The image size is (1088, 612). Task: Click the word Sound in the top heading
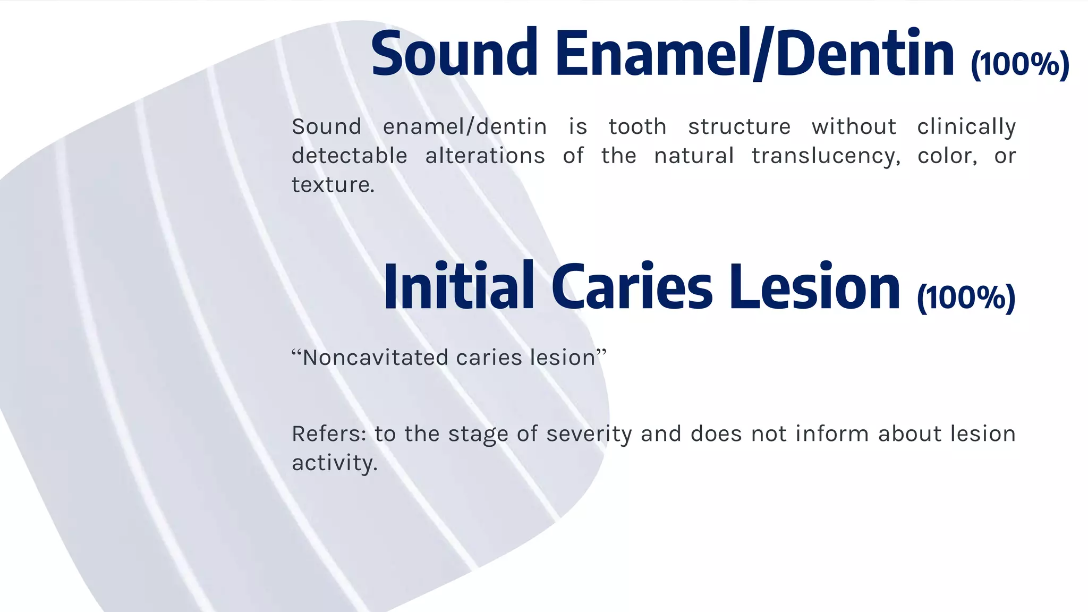[454, 54]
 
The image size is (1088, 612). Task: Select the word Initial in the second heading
[458, 286]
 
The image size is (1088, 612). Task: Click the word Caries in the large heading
[632, 286]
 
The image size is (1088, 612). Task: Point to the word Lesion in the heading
[814, 286]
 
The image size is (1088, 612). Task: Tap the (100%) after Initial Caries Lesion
[966, 297]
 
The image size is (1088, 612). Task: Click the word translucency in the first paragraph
[826, 156]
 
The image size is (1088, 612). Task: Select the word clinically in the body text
[966, 127]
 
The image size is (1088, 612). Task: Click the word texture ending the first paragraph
[333, 185]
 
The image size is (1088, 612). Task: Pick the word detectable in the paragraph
[349, 156]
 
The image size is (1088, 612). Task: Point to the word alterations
[484, 156]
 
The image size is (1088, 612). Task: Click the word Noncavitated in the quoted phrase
[376, 358]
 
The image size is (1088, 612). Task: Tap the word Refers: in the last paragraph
[328, 434]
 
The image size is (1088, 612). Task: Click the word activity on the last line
[334, 463]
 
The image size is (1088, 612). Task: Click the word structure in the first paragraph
[739, 127]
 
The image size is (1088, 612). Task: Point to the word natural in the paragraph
[694, 156]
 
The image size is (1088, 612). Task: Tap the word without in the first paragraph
[854, 127]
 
